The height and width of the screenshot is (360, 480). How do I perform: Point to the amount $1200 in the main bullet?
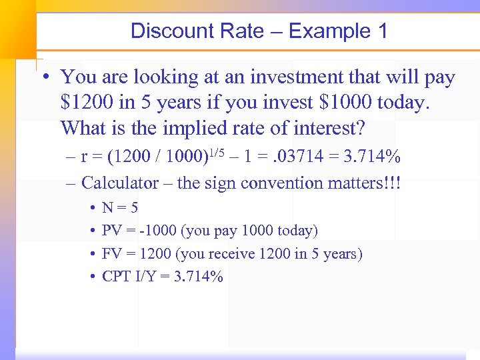tap(86, 102)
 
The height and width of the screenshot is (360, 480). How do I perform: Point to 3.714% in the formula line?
tap(367, 157)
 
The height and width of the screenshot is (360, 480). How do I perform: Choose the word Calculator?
tap(120, 182)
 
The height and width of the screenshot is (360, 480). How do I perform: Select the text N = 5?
tap(120, 208)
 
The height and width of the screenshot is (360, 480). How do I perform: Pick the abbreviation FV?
tap(111, 254)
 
